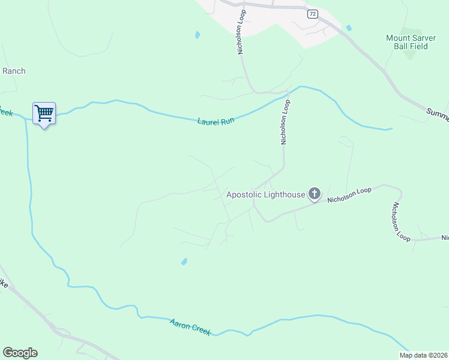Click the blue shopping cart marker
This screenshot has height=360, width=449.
click(44, 113)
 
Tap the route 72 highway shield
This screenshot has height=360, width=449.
click(312, 14)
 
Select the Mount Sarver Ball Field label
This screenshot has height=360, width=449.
click(406, 41)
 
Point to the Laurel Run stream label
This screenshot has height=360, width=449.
click(215, 121)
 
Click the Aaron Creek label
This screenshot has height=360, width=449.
click(190, 328)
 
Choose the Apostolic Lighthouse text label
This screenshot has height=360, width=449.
click(265, 194)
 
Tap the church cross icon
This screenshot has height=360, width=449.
click(314, 193)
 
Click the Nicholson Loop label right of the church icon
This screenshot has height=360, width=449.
click(349, 195)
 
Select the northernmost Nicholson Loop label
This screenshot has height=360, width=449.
click(241, 31)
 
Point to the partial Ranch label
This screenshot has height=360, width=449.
click(14, 71)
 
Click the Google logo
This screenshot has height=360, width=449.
click(20, 353)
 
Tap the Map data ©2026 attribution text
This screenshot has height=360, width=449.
click(423, 355)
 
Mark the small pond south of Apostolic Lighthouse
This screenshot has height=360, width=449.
click(184, 262)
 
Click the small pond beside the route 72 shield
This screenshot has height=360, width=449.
click(348, 28)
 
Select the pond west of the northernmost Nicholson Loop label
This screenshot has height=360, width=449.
click(197, 35)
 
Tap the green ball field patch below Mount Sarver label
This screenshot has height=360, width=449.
click(409, 53)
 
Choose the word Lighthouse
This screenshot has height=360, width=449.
click(285, 194)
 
